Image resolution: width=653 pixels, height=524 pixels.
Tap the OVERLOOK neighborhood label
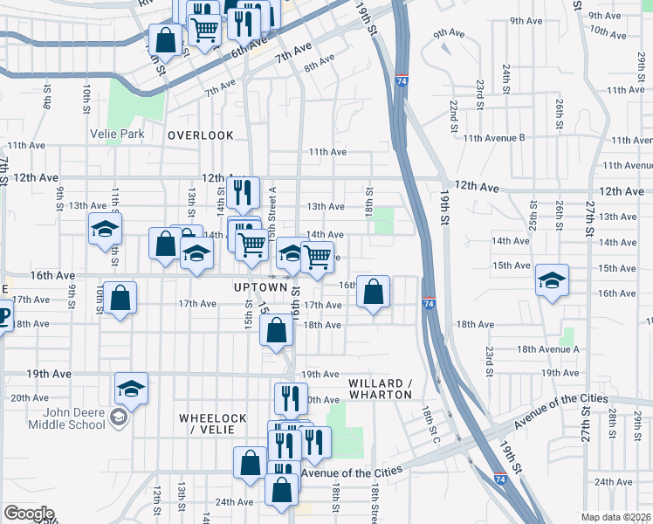point(201,135)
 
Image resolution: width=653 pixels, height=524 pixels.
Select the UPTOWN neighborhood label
point(260,287)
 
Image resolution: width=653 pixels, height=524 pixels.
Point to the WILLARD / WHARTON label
point(380,390)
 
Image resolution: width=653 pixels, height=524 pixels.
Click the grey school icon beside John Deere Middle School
point(118,420)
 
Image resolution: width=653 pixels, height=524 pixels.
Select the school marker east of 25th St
point(552,281)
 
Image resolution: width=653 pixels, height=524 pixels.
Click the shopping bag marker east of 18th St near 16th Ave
point(374,293)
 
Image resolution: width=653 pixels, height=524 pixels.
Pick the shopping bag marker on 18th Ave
point(276,331)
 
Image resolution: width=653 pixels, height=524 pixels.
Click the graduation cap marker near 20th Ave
point(131,389)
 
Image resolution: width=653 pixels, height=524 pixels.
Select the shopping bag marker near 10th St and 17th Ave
point(119,298)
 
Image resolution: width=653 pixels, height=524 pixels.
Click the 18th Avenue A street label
point(548,349)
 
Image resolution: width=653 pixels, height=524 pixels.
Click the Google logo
point(29,514)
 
